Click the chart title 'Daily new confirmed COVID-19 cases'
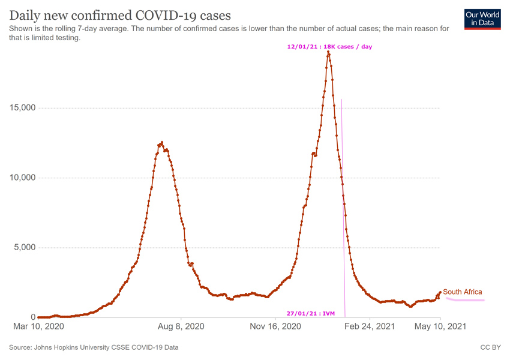tap(120, 14)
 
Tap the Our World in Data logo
tap(482, 19)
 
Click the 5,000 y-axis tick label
tap(22, 248)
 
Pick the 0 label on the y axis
tap(32, 317)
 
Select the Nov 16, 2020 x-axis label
tap(275, 327)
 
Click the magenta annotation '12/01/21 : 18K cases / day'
tap(329, 47)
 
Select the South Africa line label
tap(462, 292)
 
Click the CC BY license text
tap(490, 347)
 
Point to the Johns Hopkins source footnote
tap(94, 347)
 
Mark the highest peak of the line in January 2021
tap(328, 52)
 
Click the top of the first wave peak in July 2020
tap(162, 142)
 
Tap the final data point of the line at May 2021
tap(441, 292)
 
